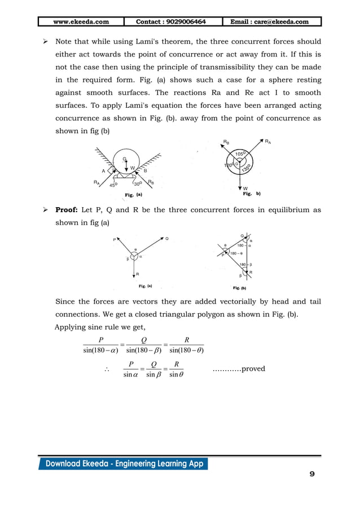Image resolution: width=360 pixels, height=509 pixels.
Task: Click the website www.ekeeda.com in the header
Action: point(81,22)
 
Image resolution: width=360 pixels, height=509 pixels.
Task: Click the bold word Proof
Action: point(67,210)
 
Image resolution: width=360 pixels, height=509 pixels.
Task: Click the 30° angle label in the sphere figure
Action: point(138,184)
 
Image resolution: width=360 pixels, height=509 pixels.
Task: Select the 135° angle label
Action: point(247,168)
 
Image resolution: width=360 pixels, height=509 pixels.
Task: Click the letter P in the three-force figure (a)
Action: point(114,239)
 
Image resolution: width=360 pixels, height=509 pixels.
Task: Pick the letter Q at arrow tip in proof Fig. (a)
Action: point(166,239)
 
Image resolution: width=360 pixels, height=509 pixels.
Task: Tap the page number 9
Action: point(311,474)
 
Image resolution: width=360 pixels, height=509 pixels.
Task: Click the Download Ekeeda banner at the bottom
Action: point(123,464)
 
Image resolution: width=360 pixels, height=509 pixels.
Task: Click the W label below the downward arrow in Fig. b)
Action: point(246,188)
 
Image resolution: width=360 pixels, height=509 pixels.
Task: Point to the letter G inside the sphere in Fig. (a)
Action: point(125,159)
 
